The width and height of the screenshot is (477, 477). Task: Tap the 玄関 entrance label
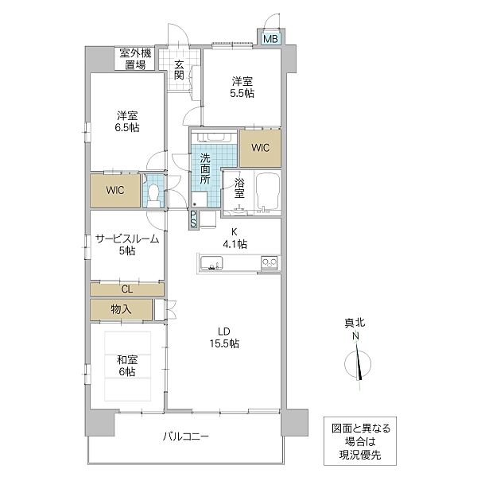point(179,69)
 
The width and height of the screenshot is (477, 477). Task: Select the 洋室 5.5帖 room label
point(242,87)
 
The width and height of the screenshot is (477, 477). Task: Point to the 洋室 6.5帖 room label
point(127,121)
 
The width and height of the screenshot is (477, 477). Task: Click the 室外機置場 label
point(134,59)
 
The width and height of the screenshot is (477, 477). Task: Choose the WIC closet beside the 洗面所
point(259,147)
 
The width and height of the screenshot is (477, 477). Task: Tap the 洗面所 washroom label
point(204,169)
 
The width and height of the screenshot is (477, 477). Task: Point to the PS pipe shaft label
point(193,219)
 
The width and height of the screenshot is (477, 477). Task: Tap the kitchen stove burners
point(269,262)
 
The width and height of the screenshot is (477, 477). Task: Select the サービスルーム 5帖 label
point(127,244)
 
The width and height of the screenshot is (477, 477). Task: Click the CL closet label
point(127,289)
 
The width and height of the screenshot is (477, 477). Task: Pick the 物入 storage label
point(121,308)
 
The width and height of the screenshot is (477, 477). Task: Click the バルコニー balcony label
point(188,436)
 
